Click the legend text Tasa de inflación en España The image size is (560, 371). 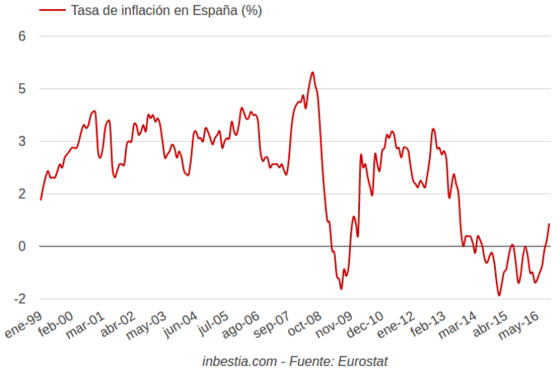click(167, 11)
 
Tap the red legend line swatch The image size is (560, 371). click(51, 11)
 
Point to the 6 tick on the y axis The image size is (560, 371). click(22, 36)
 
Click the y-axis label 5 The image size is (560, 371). click(22, 89)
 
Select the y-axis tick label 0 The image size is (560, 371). click(22, 247)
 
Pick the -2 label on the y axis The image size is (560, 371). click(20, 299)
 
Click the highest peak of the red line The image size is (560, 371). click(312, 73)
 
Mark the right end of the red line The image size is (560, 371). click(549, 224)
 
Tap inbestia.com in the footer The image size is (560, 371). click(239, 361)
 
